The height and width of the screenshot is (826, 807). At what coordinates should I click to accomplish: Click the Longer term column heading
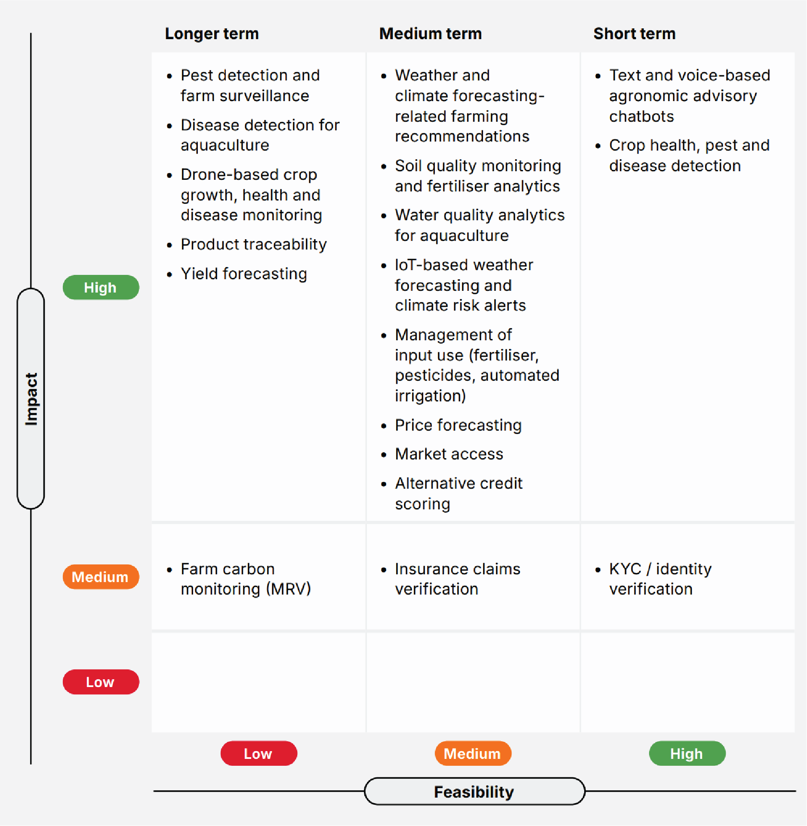point(212,34)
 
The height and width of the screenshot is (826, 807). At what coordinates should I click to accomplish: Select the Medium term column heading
point(430,34)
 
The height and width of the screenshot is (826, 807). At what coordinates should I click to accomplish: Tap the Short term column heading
point(634,34)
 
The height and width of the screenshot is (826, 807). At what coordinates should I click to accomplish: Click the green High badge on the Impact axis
point(101,287)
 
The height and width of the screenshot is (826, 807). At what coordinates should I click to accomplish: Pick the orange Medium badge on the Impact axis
point(101,577)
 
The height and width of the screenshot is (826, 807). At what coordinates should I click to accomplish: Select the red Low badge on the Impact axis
point(101,682)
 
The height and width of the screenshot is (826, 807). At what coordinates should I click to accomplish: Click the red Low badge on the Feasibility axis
point(259,753)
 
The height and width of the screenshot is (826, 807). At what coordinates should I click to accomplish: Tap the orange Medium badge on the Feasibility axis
point(473,753)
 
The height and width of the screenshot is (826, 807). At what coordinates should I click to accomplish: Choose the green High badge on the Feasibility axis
point(687,753)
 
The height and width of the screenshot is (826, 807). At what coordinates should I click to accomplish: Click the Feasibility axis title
point(474,792)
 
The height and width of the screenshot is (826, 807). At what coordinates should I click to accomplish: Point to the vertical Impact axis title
point(31,399)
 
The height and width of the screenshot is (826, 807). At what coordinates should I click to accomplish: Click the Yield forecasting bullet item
point(243,274)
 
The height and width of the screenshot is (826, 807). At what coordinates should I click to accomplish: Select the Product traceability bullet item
point(253,244)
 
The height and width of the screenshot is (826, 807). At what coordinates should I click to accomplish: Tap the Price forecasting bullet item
point(458,425)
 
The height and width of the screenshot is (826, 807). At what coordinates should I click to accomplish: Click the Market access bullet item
point(449,454)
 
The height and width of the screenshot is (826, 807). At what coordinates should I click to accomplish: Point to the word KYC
point(625,569)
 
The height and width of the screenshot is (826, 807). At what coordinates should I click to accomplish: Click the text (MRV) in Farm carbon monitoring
point(288,589)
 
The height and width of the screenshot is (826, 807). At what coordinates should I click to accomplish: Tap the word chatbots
point(641,116)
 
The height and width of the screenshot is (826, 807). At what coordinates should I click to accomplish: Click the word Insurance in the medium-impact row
point(431,569)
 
